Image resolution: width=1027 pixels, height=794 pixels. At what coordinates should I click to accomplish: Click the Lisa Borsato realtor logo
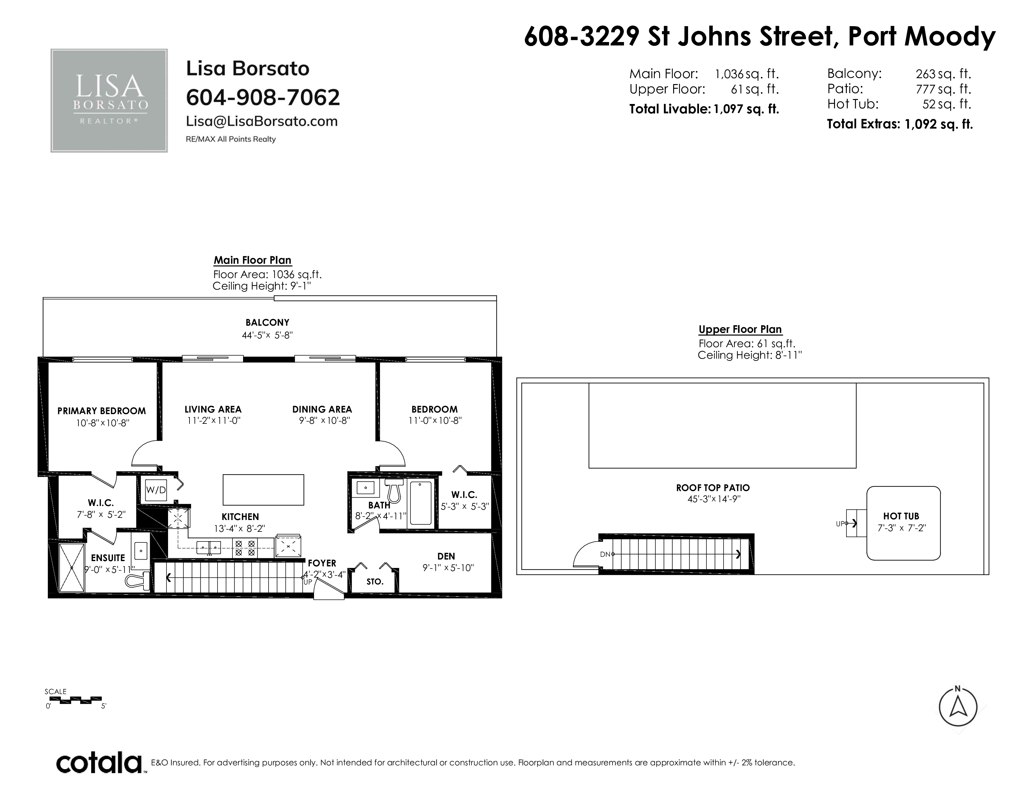[x=109, y=101]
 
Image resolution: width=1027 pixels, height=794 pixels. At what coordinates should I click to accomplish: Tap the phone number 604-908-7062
[x=263, y=97]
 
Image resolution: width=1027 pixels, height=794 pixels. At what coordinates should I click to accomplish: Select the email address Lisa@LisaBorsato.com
[x=262, y=121]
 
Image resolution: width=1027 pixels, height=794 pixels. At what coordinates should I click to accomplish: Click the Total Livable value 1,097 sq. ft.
[x=746, y=109]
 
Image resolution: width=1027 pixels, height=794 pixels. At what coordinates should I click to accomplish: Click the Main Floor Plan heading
[x=252, y=260]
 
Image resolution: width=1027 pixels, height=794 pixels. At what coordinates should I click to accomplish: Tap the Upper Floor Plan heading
[x=740, y=329]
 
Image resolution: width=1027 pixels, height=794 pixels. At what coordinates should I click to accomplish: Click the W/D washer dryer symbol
[x=156, y=490]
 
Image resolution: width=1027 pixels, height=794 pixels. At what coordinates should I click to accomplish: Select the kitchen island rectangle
[x=263, y=490]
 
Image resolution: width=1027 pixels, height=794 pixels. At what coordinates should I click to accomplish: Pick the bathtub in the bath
[x=421, y=503]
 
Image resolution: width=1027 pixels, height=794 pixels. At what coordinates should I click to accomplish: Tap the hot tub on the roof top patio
[x=903, y=523]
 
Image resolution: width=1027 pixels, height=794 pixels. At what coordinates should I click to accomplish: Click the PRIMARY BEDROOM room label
[x=101, y=411]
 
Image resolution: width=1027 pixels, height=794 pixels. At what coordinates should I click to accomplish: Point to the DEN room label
[x=446, y=556]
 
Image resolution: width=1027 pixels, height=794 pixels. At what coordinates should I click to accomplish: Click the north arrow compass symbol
[x=958, y=707]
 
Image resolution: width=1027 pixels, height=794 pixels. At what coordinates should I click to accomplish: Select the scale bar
[x=76, y=700]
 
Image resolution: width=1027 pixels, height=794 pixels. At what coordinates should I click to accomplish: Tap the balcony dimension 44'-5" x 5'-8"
[x=267, y=335]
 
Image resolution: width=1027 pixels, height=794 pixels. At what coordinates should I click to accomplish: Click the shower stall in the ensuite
[x=72, y=568]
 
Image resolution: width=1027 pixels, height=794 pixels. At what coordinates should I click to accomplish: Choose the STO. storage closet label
[x=375, y=582]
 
